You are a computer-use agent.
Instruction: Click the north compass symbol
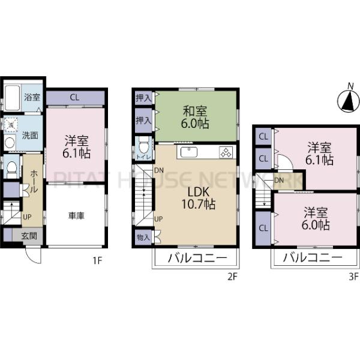(x=346, y=101)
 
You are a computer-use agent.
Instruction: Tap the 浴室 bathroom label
(x=32, y=97)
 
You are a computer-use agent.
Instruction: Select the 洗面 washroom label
(x=31, y=136)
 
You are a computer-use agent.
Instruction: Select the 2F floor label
(x=232, y=277)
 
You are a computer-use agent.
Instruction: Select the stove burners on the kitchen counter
(x=226, y=152)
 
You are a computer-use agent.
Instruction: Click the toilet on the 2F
(x=143, y=146)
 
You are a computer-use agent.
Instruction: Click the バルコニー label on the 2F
(x=196, y=260)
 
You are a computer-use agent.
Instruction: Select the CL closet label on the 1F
(x=74, y=97)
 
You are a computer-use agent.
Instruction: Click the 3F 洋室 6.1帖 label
(x=317, y=154)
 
